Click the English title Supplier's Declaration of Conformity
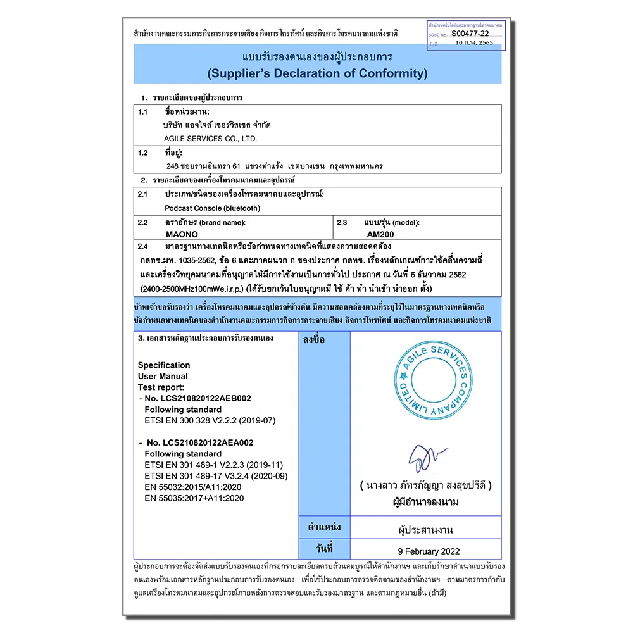pos(317,73)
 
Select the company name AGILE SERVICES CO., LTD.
pos(210,138)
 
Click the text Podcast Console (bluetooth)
pos(212,208)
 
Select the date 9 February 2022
pos(429,551)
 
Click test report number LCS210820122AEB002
pos(197,398)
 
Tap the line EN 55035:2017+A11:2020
pos(194,498)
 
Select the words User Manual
pos(163,376)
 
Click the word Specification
pos(164,365)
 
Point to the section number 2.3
pos(342,222)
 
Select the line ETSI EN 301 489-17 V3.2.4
pos(216,476)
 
